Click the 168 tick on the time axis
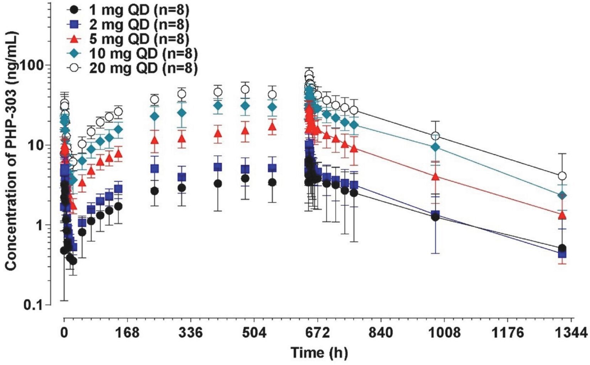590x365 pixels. [x=127, y=333]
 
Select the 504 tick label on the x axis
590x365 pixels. [x=254, y=333]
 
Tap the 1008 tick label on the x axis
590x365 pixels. [x=444, y=333]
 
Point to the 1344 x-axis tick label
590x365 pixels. [x=571, y=333]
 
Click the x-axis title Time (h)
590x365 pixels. [x=319, y=353]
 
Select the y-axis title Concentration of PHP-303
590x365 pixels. [x=11, y=151]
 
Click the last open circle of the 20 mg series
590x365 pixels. [x=562, y=176]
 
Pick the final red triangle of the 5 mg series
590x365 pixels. [x=562, y=215]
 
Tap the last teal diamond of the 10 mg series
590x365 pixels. [x=562, y=195]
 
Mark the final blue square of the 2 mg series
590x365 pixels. [x=562, y=254]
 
